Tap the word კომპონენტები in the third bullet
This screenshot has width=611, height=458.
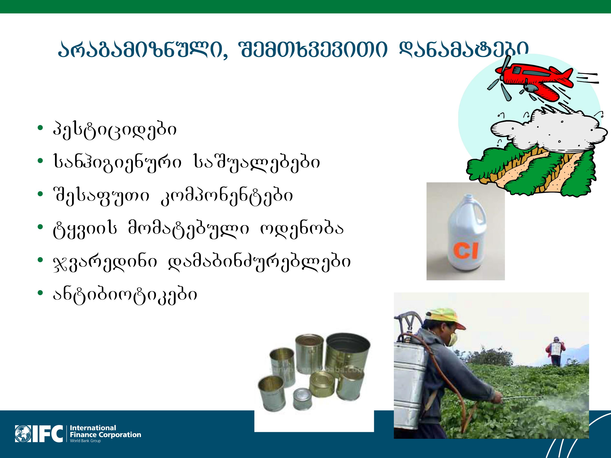pyautogui.click(x=227, y=196)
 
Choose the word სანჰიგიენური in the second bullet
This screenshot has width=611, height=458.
pyautogui.click(x=117, y=163)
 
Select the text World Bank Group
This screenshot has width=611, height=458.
pyautogui.click(x=85, y=441)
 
